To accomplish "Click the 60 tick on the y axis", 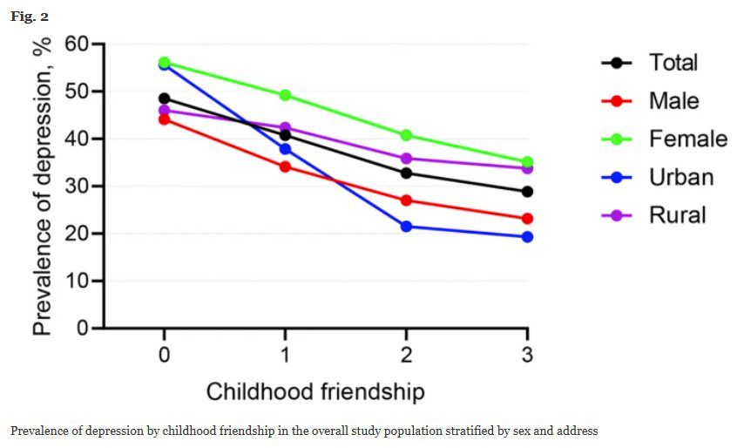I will (78, 44).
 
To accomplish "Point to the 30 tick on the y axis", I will (78, 187).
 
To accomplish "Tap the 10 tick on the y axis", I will (78, 282).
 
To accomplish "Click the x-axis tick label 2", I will (406, 356).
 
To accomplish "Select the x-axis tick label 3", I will (527, 356).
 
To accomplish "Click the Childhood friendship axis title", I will (315, 392).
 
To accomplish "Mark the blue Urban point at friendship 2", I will (406, 227).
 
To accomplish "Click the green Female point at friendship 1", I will (285, 95).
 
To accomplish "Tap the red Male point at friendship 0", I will (164, 119).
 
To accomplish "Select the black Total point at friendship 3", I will (527, 192).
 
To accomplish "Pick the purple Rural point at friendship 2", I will (406, 159).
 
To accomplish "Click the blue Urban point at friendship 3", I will (527, 237).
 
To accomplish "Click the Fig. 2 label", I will (29, 16).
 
